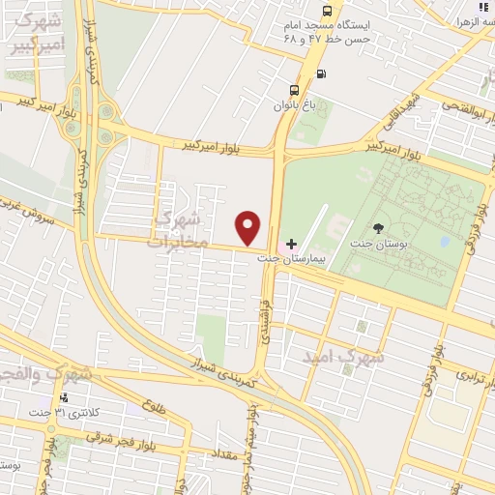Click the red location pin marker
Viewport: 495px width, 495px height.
click(249, 227)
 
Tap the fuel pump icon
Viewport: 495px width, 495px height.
click(320, 73)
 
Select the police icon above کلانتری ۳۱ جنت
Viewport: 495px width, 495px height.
click(64, 397)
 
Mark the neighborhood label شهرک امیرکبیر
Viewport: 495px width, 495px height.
click(38, 35)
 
